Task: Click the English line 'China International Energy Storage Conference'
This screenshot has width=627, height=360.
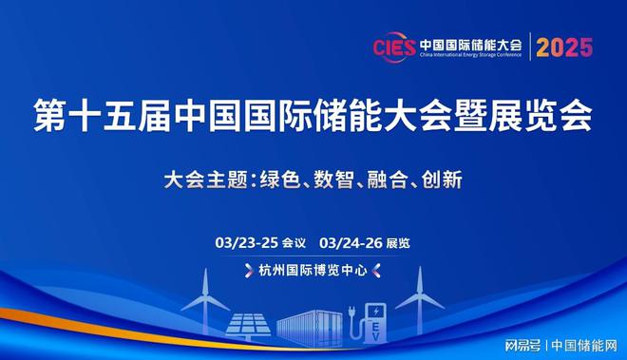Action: coord(471,55)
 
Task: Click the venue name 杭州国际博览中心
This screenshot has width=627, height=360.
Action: coord(313,270)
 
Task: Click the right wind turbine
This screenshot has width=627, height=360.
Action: coord(419,299)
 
